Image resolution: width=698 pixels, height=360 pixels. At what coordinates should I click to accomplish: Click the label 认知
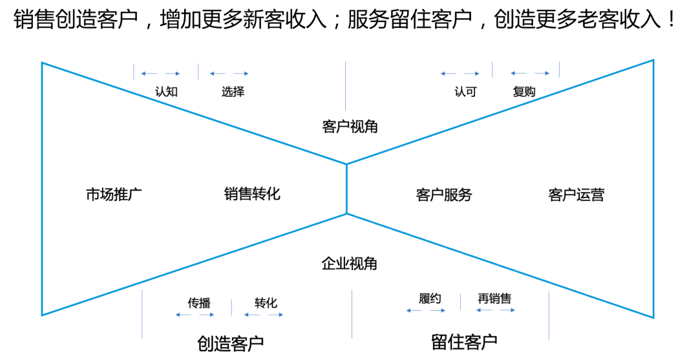pos(166,91)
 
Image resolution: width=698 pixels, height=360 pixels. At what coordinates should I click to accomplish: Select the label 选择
pos(233,91)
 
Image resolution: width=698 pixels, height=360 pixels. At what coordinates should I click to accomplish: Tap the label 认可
pos(465,91)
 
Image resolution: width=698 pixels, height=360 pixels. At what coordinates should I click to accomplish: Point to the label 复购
pos(524,91)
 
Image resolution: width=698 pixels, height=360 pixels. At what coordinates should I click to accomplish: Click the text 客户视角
pos(350,127)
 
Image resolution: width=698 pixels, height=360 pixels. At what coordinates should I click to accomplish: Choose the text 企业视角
pos(350,264)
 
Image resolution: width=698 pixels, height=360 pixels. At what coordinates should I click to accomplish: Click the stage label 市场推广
pos(114,194)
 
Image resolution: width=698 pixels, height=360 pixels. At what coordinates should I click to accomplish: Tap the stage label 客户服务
pos(444,195)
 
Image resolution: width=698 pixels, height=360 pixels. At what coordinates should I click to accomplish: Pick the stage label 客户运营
pos(576,195)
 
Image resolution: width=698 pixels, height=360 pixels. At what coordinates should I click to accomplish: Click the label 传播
pos(199,302)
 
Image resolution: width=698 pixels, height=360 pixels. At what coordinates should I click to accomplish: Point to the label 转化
pos(266,302)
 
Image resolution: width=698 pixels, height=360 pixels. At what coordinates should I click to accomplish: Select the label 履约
pos(429,299)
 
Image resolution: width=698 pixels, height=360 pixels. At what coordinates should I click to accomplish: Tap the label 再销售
pos(494,299)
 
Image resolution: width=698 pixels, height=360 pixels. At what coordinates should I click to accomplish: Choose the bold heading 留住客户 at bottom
pos(464,342)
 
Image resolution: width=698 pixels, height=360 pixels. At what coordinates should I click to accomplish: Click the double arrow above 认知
pos(160,74)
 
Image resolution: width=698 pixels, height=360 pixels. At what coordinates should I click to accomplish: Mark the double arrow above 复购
pos(530,73)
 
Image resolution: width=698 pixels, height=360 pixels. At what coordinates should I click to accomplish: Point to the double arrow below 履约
pos(426,310)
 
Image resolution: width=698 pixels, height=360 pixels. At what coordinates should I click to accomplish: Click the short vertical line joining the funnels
pos(347,189)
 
